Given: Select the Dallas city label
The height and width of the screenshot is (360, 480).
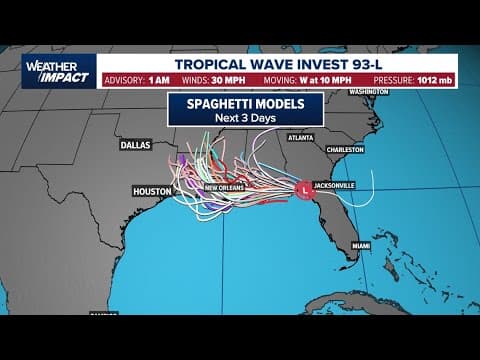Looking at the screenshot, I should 134,144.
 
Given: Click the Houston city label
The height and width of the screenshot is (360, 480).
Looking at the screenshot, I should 152,190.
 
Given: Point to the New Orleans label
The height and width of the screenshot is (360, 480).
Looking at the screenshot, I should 225,188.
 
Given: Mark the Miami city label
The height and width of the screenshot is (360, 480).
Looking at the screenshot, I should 361,244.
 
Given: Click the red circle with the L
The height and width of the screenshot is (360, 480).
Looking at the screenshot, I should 303,187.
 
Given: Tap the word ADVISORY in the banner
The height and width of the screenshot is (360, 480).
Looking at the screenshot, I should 125,83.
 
